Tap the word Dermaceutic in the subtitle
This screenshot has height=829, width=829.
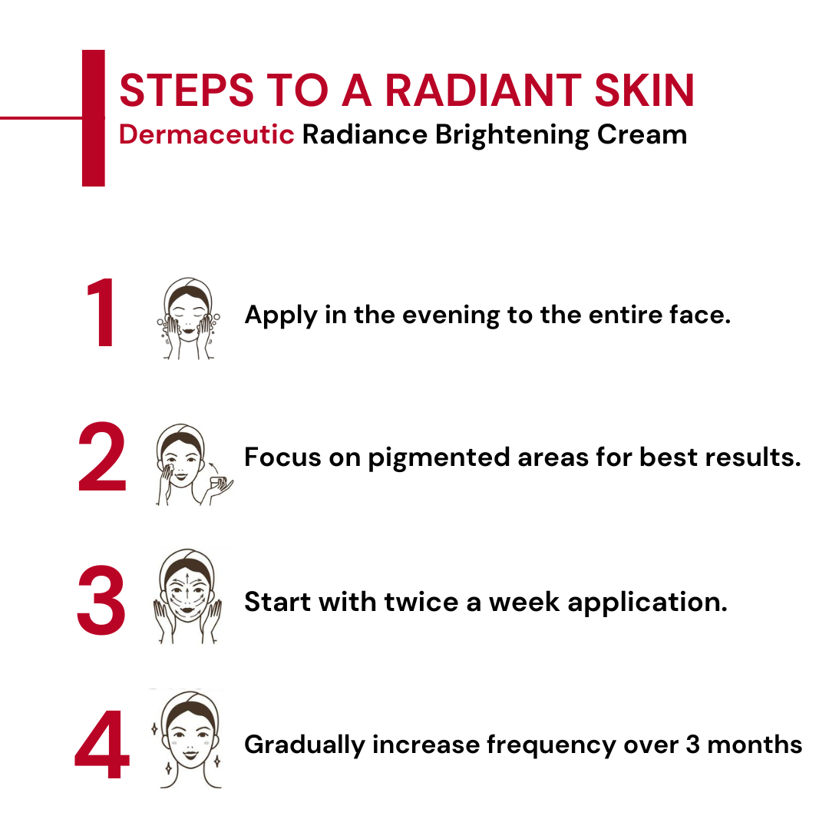coord(206,134)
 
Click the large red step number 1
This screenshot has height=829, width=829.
coord(101,315)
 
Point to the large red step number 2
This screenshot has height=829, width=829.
coord(102,459)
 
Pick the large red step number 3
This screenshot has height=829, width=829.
coord(101,602)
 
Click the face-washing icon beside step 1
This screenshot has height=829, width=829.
coord(188,318)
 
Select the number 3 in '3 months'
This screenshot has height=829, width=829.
coord(692,745)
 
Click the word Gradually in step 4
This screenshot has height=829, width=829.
coord(304,745)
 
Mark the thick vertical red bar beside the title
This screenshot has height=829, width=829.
coord(93,117)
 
